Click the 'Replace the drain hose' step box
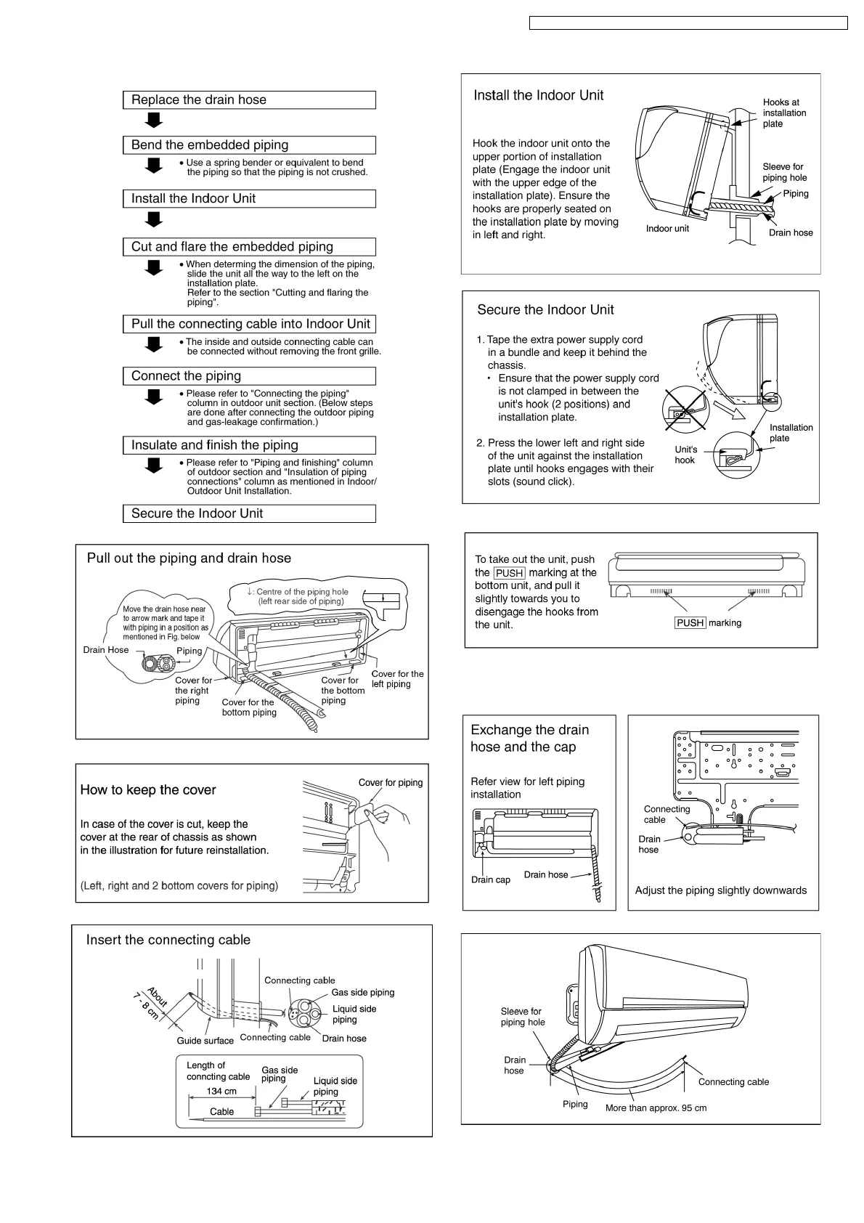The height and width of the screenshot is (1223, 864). point(249,100)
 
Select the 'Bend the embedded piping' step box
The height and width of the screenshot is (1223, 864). point(249,145)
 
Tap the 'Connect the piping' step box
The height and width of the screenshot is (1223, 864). point(249,376)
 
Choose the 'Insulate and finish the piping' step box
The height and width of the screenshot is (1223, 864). point(249,445)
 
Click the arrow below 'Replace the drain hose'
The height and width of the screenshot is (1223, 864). point(153,120)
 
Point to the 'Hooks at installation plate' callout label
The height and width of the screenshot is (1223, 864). point(784,113)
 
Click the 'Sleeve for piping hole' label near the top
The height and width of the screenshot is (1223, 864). point(784,172)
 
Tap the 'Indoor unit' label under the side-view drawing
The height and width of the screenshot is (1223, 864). point(667,229)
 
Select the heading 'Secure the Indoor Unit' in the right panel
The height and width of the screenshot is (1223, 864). point(545,310)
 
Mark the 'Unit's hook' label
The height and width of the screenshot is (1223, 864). point(685,455)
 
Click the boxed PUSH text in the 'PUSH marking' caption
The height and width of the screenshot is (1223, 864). point(690,623)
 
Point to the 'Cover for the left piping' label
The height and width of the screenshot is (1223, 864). point(397,679)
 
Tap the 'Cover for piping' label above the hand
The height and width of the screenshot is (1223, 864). point(390,783)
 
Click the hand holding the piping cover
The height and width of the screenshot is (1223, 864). point(383,817)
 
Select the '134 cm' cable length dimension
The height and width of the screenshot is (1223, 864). point(221,1092)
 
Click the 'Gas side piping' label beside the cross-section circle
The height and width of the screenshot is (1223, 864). point(362,993)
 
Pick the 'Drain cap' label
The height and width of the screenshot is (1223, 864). point(491,880)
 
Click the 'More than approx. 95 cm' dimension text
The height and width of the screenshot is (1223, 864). point(656,1108)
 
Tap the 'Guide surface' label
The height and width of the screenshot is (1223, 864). point(205,1041)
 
